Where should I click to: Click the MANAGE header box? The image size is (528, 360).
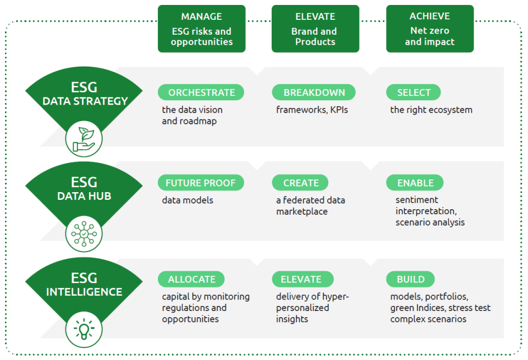pos(201,29)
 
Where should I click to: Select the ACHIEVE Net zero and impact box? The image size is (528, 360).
pos(430,29)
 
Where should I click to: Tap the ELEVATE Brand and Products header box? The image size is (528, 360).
pos(315,29)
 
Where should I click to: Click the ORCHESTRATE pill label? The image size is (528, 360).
pos(201,92)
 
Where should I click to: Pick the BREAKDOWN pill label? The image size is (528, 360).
pos(314,92)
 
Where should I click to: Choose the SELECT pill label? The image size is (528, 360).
pos(414,92)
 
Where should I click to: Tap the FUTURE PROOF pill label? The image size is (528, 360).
pos(201,183)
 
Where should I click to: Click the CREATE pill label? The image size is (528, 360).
pos(301,183)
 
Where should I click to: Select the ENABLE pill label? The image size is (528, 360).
pos(415,183)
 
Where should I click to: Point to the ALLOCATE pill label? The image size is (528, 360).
pos(191,279)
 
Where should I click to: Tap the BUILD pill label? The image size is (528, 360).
pos(410,279)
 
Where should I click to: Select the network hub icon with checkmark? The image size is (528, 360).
pos(84,233)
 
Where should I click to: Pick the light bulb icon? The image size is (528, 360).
pos(84,329)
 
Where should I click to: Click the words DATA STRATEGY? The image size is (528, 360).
pos(85,101)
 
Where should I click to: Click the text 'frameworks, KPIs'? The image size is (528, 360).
pos(312,110)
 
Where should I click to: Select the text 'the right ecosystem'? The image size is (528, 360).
pos(431,110)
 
